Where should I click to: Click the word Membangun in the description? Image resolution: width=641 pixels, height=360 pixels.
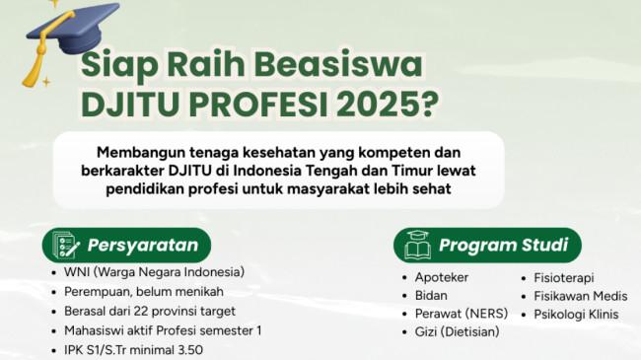tap(140, 152)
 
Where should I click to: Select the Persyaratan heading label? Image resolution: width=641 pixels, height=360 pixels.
tap(143, 246)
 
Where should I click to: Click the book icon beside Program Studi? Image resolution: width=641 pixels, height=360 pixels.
tap(418, 245)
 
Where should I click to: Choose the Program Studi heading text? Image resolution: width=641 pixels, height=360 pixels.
tap(504, 245)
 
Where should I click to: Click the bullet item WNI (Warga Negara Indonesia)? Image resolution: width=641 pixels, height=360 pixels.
tap(154, 272)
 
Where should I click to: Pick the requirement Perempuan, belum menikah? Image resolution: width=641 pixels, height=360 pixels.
tap(144, 292)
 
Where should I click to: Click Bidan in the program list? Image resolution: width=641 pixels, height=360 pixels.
tap(431, 295)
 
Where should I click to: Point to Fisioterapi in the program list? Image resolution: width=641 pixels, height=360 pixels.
tap(564, 278)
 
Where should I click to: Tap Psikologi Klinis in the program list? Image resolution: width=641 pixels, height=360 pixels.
tap(576, 315)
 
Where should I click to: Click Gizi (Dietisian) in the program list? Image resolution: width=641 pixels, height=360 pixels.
tap(457, 331)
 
